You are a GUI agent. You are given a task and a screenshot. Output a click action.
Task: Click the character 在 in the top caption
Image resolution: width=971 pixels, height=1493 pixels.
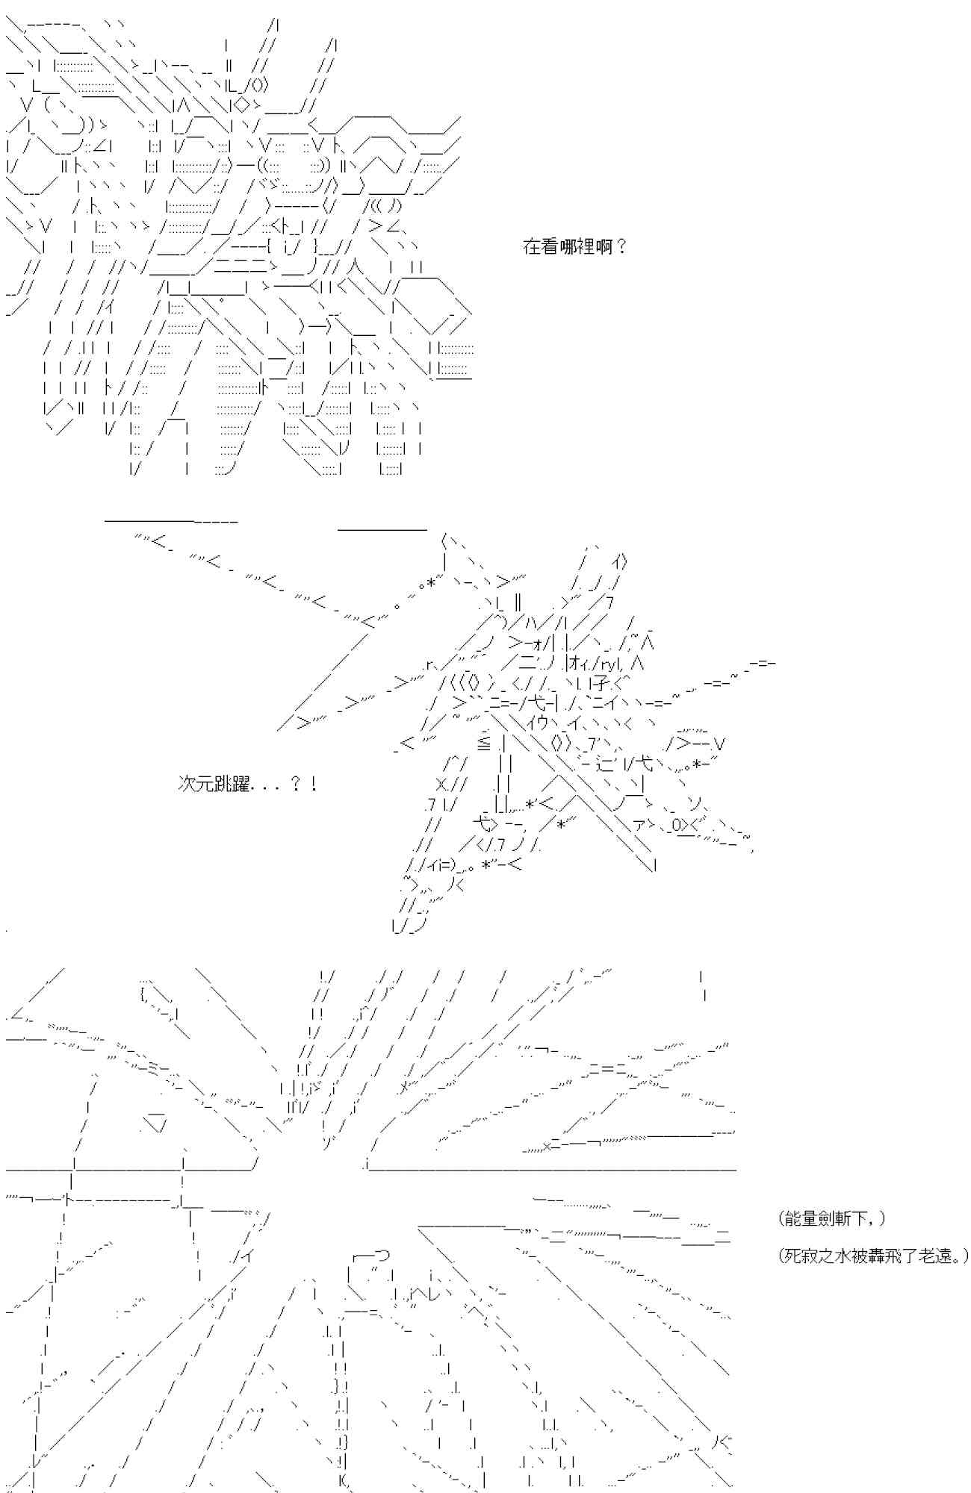coord(531,247)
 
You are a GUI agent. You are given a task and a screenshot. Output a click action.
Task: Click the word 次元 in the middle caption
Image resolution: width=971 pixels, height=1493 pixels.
coord(196,785)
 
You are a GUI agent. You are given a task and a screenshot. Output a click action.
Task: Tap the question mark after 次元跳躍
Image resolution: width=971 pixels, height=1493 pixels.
coord(295,785)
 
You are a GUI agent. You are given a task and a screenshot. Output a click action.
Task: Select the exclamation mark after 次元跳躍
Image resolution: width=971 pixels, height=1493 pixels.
coord(314,785)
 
